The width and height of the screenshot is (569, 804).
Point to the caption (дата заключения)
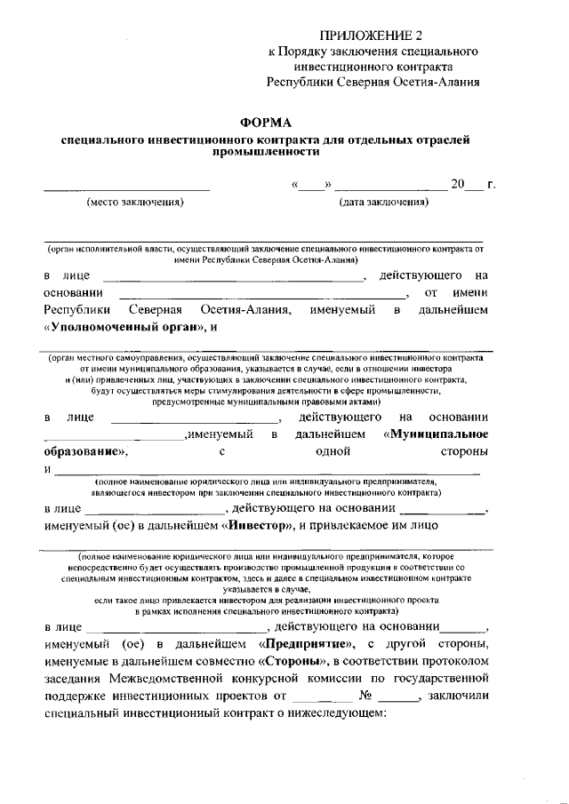pyautogui.click(x=384, y=202)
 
